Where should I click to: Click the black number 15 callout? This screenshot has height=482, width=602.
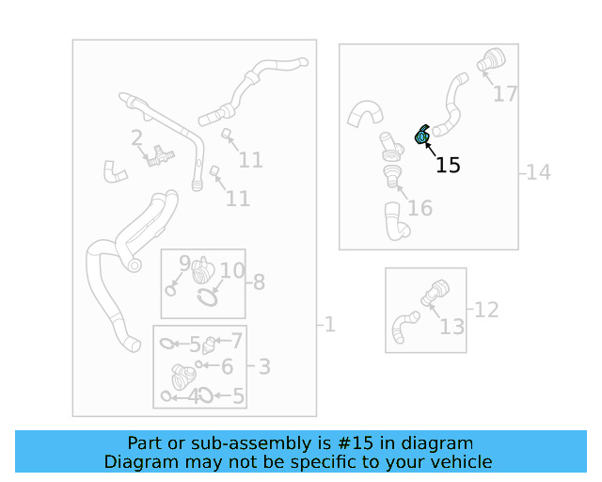(449, 166)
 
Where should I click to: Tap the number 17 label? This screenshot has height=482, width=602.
(505, 94)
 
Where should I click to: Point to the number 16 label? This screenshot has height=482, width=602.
(420, 208)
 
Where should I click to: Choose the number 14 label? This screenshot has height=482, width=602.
(538, 172)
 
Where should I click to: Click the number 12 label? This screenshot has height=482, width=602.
(486, 309)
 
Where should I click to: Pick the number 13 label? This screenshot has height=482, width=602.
(452, 327)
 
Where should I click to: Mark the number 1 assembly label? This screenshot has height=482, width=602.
(329, 325)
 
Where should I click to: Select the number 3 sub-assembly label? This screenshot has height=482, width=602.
(264, 367)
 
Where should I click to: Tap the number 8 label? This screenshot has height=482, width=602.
(259, 281)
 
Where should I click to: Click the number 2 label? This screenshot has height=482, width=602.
(136, 138)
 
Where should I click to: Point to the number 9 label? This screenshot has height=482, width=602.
(185, 262)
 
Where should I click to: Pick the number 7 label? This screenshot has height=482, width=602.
(237, 341)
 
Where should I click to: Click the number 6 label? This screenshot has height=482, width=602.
(227, 367)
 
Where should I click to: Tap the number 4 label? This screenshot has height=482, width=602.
(195, 396)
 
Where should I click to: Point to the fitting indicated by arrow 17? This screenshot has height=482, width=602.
(490, 60)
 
